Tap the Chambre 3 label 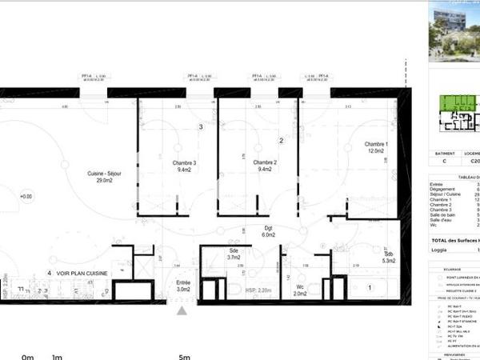[184, 165]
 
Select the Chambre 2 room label [263, 165]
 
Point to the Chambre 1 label [375, 147]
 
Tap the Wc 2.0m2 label [299, 290]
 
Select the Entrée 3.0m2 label [183, 286]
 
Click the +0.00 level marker [26, 196]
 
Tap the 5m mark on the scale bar [185, 357]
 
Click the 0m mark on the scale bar [28, 357]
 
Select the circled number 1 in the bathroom [370, 286]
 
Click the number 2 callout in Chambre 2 [282, 141]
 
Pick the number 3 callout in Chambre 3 [201, 127]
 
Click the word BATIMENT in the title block [445, 153]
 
